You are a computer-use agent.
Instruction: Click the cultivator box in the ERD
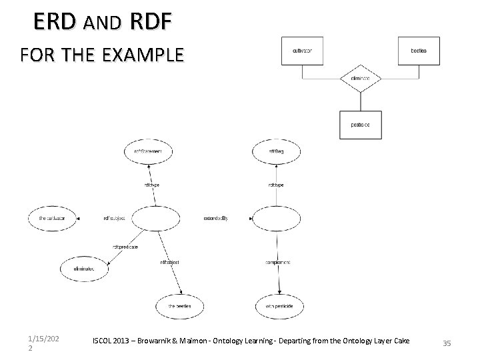point(303,51)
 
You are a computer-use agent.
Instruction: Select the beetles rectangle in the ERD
point(419,51)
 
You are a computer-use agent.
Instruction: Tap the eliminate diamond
point(361,79)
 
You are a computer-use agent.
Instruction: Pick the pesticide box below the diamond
point(361,125)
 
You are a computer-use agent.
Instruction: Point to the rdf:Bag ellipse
point(276,151)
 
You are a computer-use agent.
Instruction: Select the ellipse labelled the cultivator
point(53,218)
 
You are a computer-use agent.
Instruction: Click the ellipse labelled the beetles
point(180,306)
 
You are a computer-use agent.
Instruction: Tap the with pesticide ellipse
point(279,306)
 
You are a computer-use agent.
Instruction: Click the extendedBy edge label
point(215,218)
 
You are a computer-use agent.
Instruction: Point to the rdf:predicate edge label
point(125,247)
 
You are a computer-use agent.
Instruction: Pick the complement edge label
point(278,263)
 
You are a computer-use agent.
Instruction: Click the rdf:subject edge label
point(115,218)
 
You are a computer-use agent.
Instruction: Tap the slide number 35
point(447,343)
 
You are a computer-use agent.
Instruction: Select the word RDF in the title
point(151,22)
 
